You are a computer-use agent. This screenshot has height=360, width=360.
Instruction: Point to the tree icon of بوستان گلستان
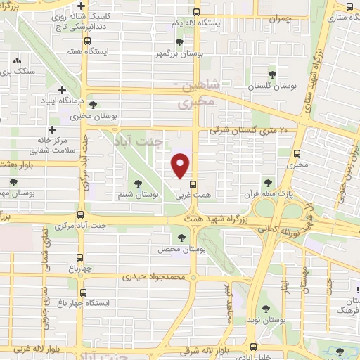click(x=273, y=73)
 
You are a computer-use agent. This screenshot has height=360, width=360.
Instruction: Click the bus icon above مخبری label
click(x=297, y=153)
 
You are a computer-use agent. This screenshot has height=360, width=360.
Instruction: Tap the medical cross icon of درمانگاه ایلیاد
click(x=63, y=91)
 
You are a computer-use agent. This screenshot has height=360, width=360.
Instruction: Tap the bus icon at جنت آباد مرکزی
click(x=80, y=214)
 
